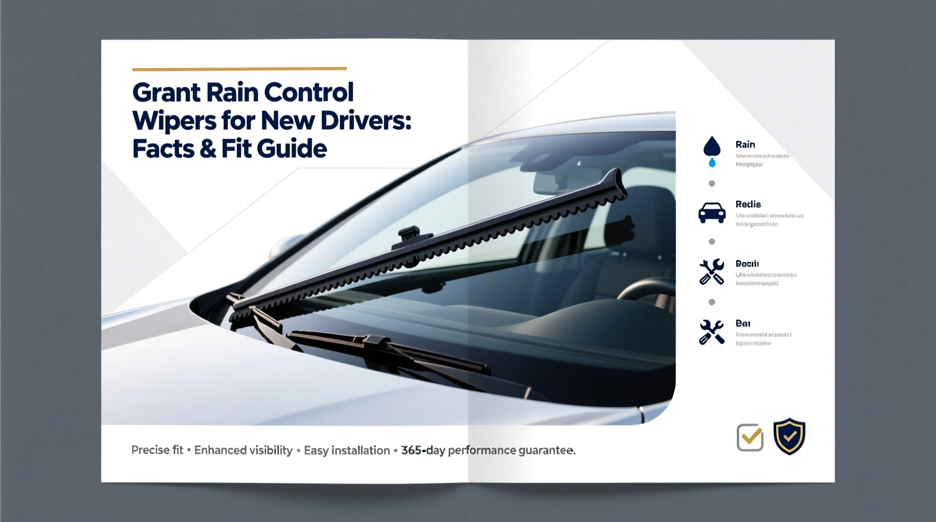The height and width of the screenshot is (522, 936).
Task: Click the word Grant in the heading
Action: (166, 93)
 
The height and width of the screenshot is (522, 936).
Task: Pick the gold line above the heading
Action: (239, 69)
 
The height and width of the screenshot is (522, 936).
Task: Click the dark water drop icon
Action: (712, 146)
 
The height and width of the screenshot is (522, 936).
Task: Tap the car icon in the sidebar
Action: (712, 213)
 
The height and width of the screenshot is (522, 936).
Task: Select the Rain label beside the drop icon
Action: (745, 145)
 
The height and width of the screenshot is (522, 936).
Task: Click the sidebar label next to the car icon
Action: (748, 204)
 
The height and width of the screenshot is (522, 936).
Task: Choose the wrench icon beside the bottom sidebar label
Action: (712, 332)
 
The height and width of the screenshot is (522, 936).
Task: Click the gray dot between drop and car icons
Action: (712, 183)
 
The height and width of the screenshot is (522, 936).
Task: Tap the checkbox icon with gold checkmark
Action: (750, 437)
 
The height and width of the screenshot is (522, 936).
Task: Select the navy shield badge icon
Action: (789, 436)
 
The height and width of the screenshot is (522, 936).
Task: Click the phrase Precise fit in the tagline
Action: (157, 450)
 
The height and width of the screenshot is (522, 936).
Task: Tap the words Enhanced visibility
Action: (243, 450)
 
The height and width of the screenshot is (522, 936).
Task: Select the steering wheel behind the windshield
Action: (647, 290)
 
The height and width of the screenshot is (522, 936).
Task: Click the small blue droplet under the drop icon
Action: (712, 163)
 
